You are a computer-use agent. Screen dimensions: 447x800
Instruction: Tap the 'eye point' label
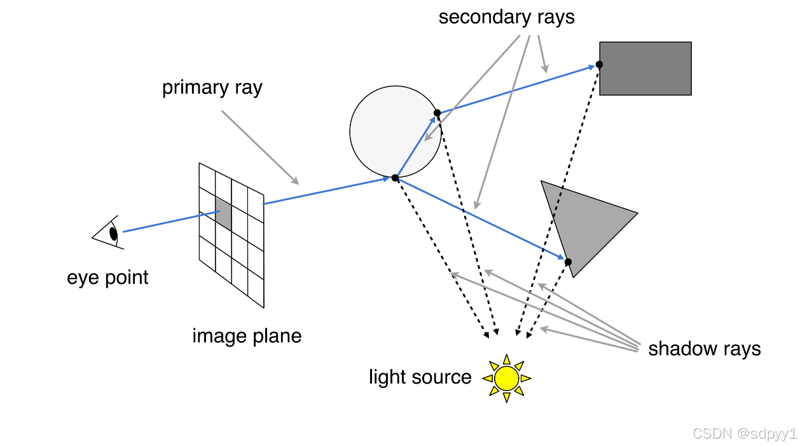[x=107, y=277]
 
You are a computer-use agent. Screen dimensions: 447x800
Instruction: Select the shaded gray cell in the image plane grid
[x=223, y=214]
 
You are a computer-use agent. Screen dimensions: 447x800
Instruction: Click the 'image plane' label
[x=247, y=335]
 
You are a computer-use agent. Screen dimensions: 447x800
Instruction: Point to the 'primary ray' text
[x=212, y=88]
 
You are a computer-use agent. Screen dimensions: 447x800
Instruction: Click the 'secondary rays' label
[x=506, y=17]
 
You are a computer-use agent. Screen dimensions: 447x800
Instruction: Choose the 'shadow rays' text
[x=704, y=349]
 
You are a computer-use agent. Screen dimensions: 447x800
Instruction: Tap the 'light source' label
[x=420, y=377]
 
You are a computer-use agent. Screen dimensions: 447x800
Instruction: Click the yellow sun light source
[x=507, y=378]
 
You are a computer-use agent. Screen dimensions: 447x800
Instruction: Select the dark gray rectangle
[x=645, y=69]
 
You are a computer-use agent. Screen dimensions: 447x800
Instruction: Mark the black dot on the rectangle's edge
[x=599, y=64]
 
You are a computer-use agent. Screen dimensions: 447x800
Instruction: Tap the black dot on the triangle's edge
[x=569, y=262]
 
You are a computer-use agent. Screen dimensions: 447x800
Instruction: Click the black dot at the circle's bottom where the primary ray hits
[x=395, y=178]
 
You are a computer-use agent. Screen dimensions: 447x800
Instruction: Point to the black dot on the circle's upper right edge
[x=437, y=113]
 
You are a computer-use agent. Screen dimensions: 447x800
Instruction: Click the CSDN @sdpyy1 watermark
[x=744, y=434]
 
